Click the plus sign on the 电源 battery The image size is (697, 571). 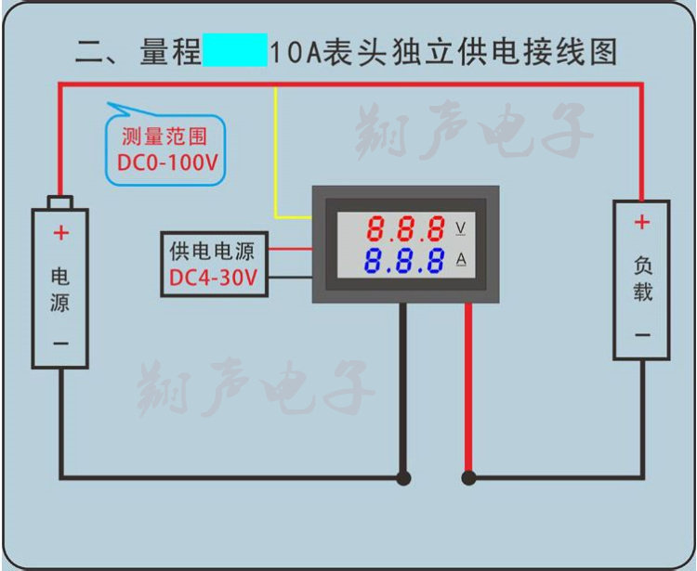click(x=60, y=233)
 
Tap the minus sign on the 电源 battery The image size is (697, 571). click(x=60, y=344)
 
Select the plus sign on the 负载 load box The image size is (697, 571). click(x=641, y=223)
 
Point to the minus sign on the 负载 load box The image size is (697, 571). click(x=641, y=335)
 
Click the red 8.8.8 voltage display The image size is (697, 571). click(x=404, y=228)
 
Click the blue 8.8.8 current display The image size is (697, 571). click(x=404, y=261)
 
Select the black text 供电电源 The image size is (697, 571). click(x=212, y=251)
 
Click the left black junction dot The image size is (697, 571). click(x=403, y=479)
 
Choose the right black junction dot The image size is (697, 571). click(x=468, y=479)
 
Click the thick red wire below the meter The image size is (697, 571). click(x=468, y=390)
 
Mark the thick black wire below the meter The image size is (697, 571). click(x=403, y=390)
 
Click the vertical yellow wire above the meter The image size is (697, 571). click(x=275, y=149)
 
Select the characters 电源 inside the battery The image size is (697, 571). click(x=60, y=289)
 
